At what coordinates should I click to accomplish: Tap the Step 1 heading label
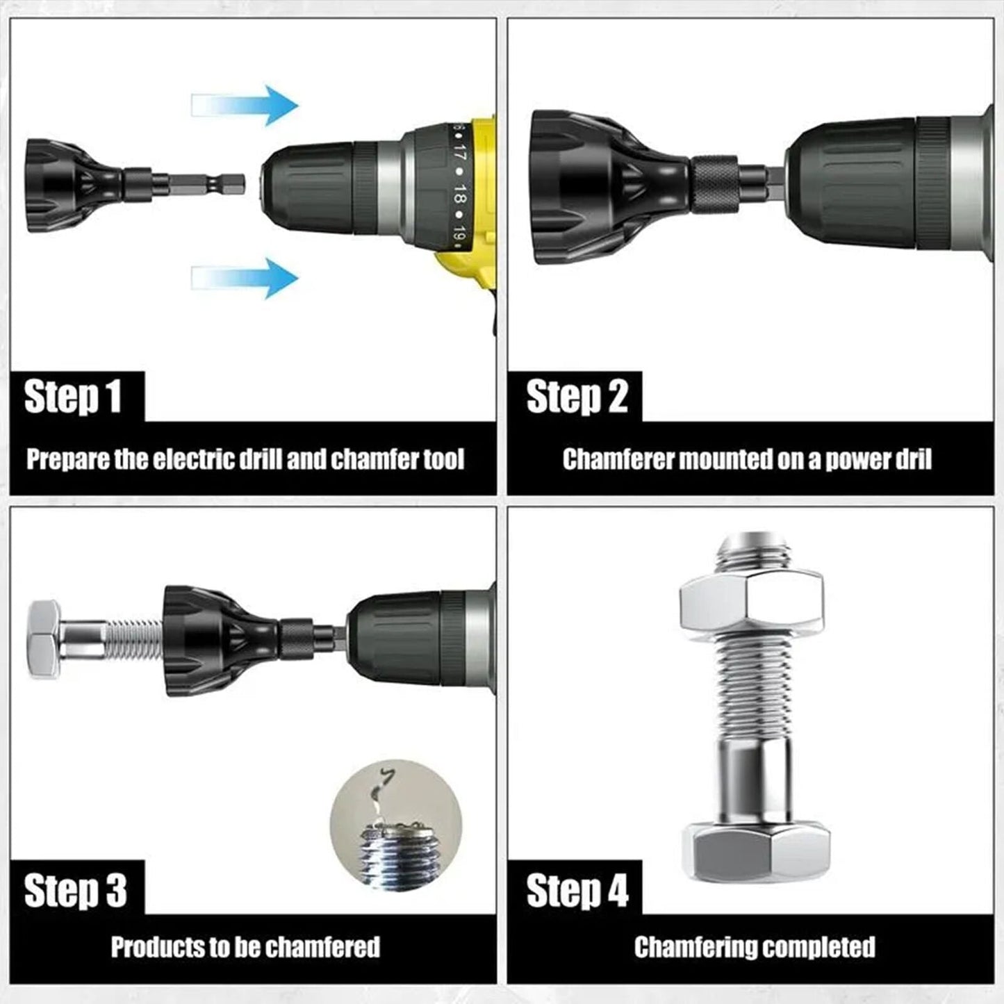(73, 397)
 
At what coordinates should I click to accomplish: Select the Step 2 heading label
(577, 397)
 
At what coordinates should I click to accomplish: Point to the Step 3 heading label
(75, 890)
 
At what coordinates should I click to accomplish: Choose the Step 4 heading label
(577, 890)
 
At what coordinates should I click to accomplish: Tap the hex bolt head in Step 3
(44, 640)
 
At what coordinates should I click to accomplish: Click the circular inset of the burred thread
(395, 825)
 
